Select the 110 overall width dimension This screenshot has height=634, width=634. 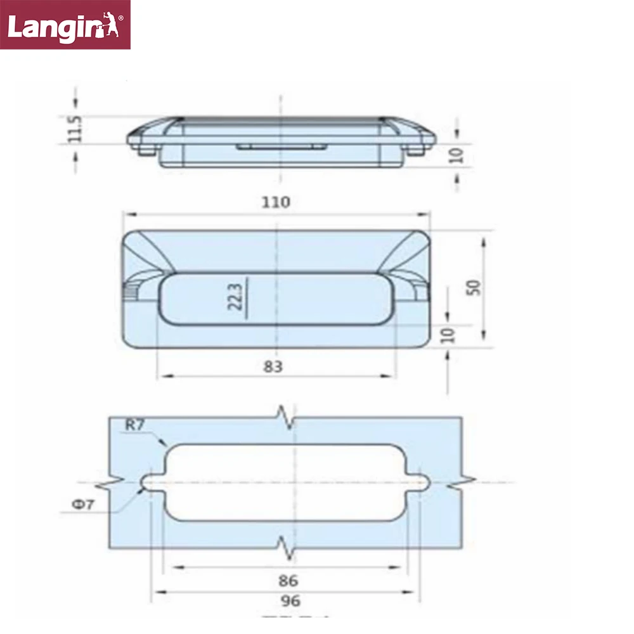click(276, 202)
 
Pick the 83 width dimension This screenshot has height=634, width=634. click(273, 366)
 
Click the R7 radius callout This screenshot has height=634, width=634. click(134, 425)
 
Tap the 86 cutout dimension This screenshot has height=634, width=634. click(287, 579)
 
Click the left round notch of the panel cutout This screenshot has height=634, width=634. click(150, 482)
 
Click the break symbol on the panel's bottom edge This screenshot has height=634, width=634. click(286, 548)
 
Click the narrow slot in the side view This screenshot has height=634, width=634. click(281, 146)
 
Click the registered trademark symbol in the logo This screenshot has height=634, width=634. click(122, 19)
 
